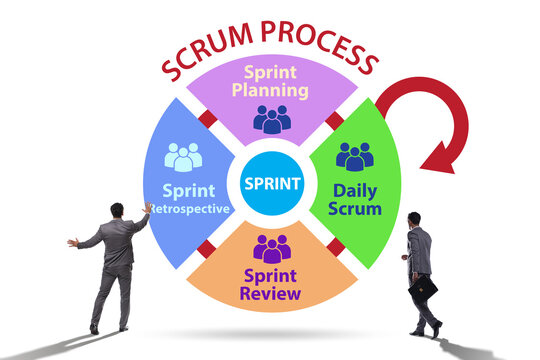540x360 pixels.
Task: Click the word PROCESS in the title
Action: point(320,55)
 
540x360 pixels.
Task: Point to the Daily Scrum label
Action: point(355,199)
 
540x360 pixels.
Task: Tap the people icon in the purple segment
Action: point(272,119)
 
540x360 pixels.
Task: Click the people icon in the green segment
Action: point(354,156)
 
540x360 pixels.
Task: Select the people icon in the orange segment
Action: point(272,247)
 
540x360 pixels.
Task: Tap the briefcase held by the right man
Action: point(424,289)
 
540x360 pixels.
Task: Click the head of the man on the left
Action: point(117,210)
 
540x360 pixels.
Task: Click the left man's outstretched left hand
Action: point(72,242)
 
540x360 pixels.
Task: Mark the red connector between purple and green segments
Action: point(334,120)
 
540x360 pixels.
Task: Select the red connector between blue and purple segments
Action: point(208,120)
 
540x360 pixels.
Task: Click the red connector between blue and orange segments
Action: point(207,247)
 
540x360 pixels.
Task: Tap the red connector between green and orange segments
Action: point(335,247)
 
